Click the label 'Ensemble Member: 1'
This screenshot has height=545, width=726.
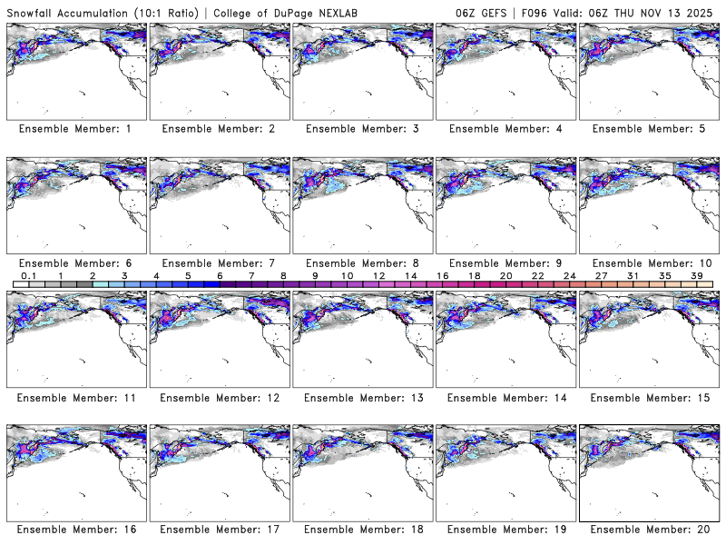coord(74,129)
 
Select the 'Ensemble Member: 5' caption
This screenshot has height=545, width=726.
coord(647,129)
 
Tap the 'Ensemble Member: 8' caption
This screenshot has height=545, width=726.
coord(361,263)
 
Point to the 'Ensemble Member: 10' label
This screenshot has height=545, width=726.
coord(647,263)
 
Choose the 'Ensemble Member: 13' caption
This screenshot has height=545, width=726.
coord(361,398)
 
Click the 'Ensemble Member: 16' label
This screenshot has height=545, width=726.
coord(74,529)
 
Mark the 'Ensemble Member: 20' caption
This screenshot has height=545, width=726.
coord(647,529)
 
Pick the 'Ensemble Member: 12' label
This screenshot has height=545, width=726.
coord(218,398)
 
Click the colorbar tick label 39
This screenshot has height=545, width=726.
coord(697,276)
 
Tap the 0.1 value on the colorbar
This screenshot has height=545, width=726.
coord(29,276)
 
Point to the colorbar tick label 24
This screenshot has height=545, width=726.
coord(570,276)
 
